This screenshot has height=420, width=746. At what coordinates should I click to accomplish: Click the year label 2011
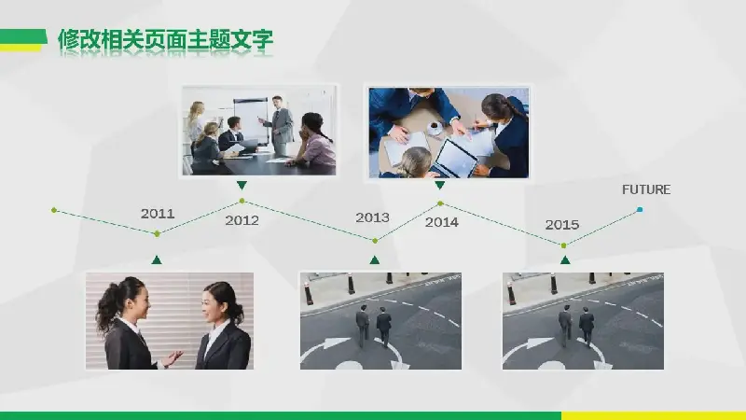158,214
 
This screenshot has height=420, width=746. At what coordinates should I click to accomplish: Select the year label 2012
242,220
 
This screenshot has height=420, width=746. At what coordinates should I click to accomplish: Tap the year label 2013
372,217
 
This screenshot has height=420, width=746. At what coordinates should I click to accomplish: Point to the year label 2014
441,222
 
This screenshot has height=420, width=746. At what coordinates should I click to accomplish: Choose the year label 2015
562,224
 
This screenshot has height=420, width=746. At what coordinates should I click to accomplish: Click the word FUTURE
646,189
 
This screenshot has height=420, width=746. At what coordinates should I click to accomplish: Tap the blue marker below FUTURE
640,209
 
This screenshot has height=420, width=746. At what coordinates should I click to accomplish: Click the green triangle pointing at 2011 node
157,260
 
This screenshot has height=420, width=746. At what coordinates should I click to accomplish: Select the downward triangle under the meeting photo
242,185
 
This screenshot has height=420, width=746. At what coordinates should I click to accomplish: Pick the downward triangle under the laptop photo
439,185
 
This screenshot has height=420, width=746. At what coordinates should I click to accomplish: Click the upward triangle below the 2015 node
565,260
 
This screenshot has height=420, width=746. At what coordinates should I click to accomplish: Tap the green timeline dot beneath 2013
375,241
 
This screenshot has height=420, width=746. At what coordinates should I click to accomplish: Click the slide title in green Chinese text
165,40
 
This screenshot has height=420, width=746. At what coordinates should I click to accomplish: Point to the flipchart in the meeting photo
251,120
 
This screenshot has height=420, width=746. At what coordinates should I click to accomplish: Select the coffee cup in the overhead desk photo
434,128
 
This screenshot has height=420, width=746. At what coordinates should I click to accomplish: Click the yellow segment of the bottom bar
654,415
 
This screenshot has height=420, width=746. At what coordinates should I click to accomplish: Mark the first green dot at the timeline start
54,210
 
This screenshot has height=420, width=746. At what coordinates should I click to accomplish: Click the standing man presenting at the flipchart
279,126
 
